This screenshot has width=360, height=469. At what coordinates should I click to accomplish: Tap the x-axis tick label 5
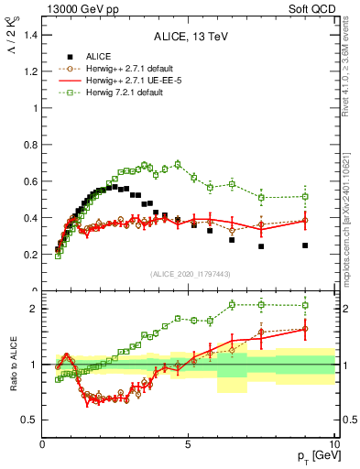coord(188,443)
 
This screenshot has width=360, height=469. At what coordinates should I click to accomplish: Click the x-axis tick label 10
coord(333,443)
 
